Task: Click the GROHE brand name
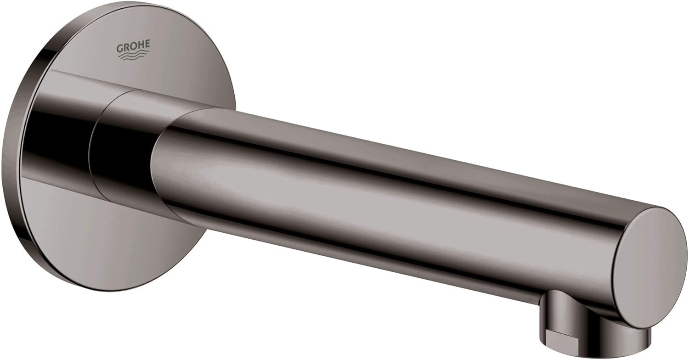point(133,47)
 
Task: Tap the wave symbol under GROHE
point(133,56)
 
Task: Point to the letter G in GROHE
point(120,47)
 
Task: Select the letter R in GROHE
point(126,47)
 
